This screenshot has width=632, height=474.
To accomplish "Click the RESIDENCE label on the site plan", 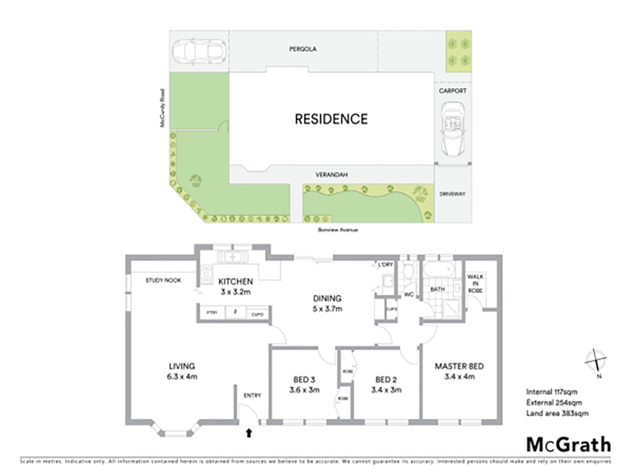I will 331,119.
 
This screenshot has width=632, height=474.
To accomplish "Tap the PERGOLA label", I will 302,49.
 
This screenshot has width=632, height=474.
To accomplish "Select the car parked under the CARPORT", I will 452,129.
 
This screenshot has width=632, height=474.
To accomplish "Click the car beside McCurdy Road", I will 199,51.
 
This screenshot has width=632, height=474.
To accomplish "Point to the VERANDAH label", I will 331,175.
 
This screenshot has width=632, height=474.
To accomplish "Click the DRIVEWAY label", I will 452,194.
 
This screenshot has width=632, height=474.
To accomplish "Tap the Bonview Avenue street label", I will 338,230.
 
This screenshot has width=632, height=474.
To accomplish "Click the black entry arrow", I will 249,433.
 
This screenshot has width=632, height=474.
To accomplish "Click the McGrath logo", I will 568,445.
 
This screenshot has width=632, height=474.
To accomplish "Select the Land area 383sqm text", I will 557,413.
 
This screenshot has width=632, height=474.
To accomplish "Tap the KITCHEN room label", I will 235,281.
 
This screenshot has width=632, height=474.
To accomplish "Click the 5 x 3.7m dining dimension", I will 327,309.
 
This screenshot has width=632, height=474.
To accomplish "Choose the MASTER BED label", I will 459,366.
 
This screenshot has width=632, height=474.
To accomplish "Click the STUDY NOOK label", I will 163,280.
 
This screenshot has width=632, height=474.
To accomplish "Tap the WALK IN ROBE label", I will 475,284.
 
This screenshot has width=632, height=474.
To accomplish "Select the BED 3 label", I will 304,380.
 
